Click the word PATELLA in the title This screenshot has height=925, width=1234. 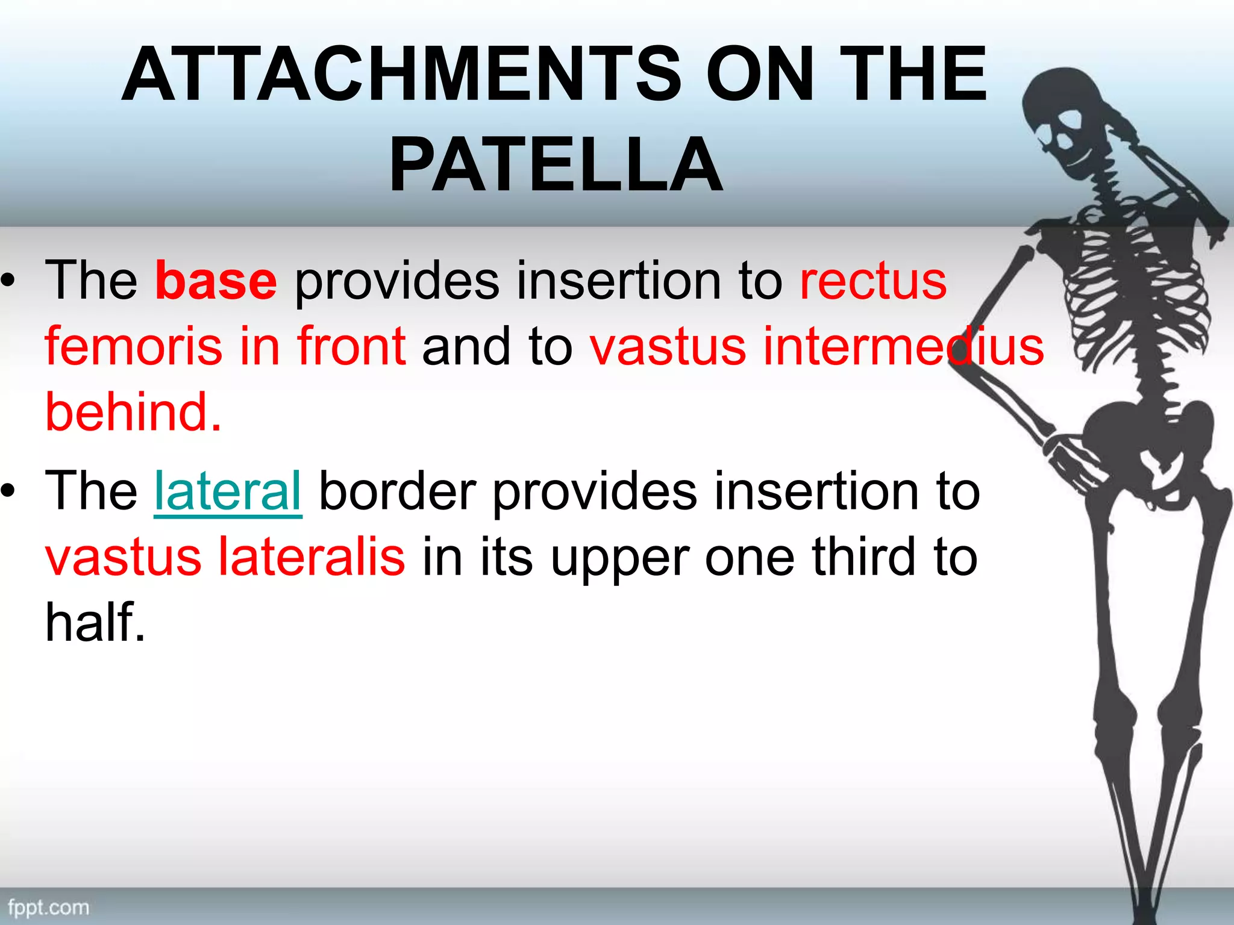click(556, 164)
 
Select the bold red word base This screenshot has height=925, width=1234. click(216, 281)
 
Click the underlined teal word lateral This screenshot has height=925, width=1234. click(228, 491)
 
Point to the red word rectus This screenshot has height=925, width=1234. click(873, 281)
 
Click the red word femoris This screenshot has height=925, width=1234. click(133, 346)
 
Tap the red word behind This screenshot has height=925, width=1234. click(133, 413)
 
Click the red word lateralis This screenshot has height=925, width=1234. click(311, 557)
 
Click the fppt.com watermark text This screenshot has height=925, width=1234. click(48, 907)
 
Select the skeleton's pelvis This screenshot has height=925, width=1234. click(1145, 440)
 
